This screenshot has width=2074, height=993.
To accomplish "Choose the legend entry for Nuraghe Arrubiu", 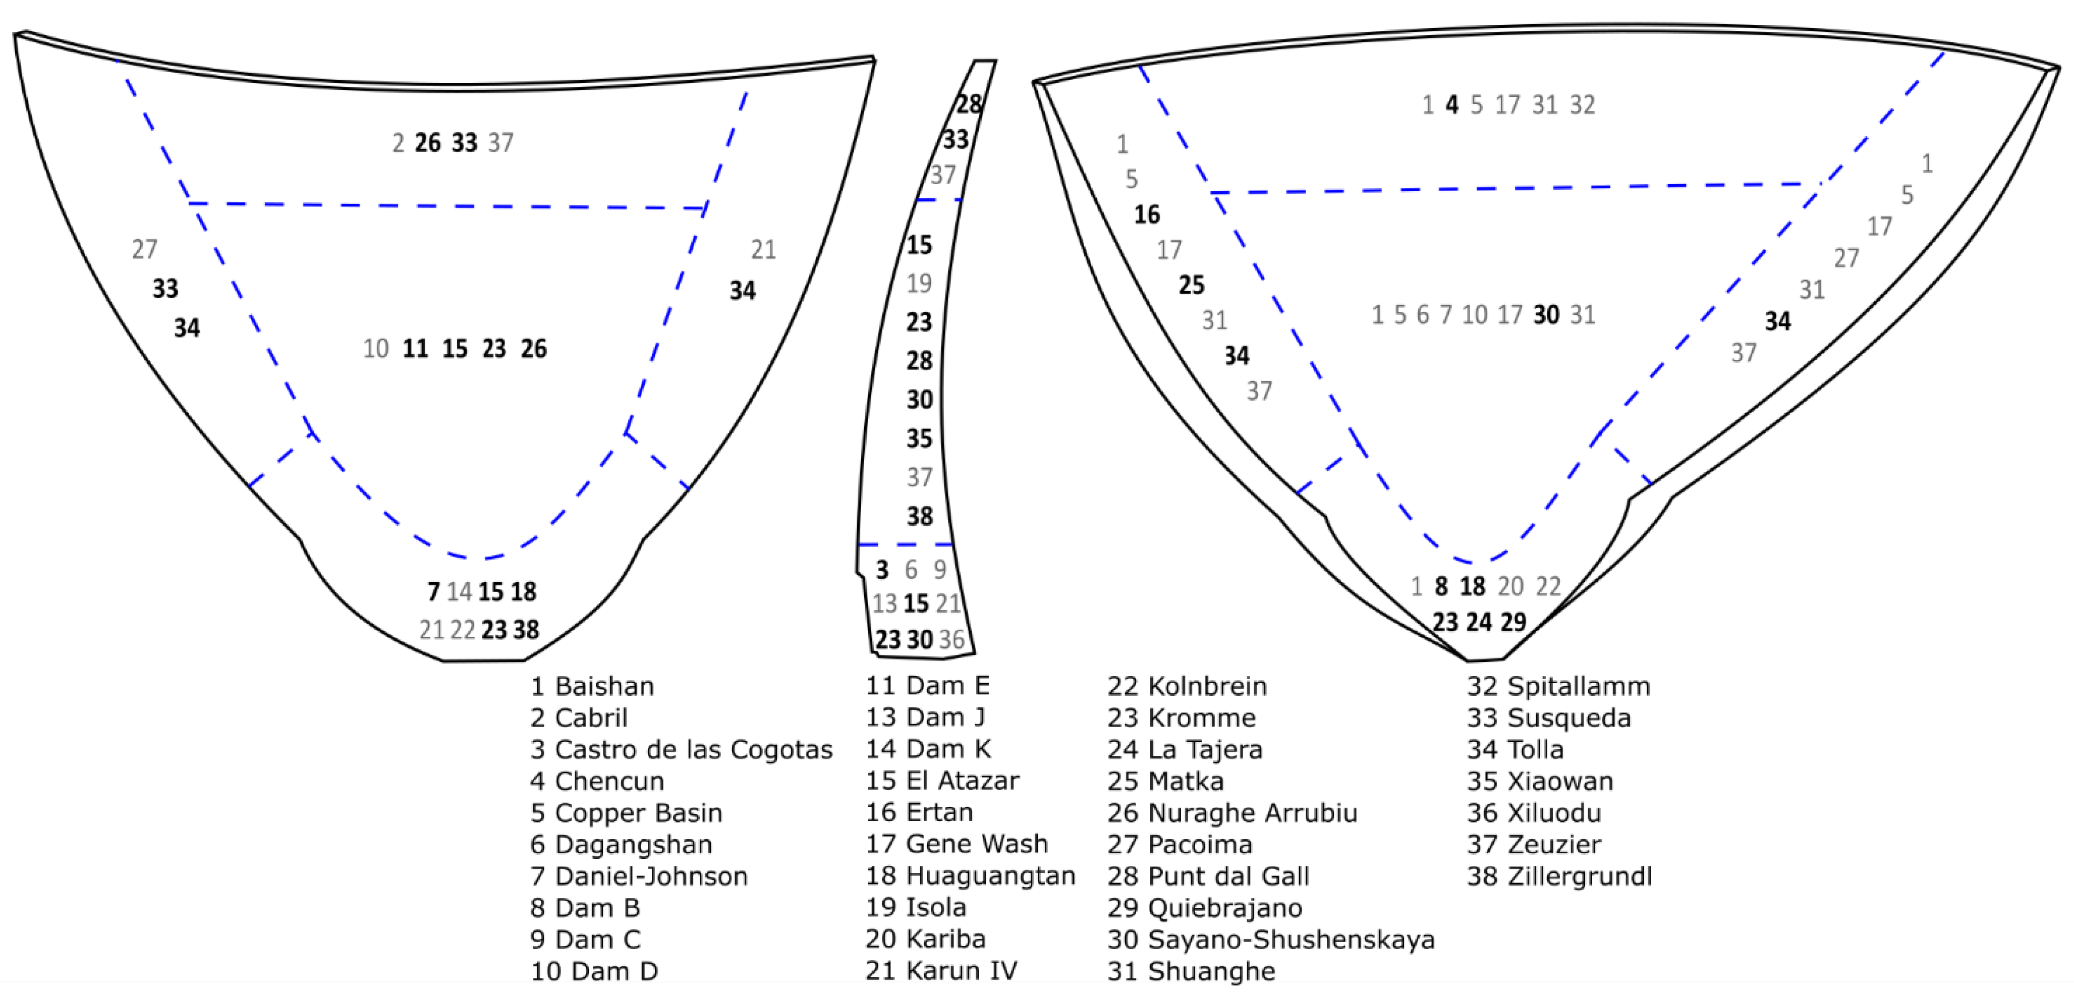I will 1232,812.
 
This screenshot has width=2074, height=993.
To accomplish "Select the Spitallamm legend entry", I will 1558,686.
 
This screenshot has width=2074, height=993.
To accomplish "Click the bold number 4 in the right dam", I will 1451,104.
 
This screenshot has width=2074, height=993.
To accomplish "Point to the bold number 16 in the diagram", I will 1147,214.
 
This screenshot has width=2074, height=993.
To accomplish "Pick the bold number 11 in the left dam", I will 415,349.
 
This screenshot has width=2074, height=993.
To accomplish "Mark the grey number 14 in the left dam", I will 459,592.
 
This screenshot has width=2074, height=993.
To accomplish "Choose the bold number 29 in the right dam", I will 1514,622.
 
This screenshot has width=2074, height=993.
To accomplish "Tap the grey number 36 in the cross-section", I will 951,639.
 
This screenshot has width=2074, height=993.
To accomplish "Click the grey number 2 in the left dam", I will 398,143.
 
